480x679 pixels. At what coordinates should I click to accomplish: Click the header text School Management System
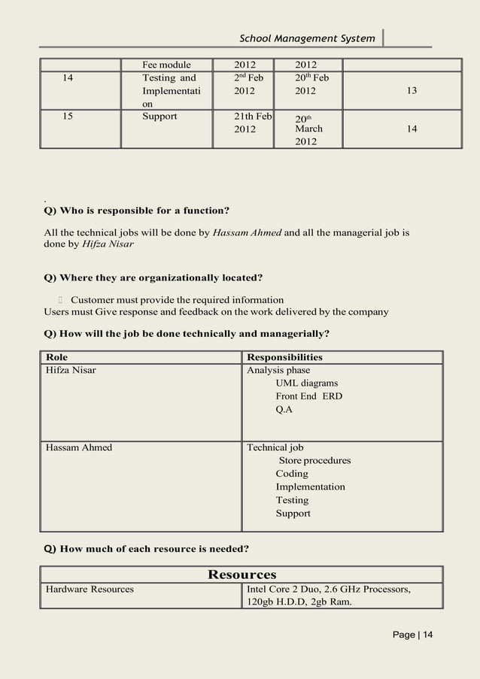point(306,38)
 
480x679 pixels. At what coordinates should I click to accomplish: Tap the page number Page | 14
point(413,635)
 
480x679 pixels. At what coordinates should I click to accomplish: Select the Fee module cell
point(166,65)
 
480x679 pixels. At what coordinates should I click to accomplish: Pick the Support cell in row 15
point(159,117)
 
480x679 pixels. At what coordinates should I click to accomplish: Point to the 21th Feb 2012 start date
point(253,123)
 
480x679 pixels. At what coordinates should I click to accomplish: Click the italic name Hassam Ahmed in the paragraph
point(247,232)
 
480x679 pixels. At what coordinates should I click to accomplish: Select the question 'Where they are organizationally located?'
point(153,278)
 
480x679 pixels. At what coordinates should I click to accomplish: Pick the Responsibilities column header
point(284,357)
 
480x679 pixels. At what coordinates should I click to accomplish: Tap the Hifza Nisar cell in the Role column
point(71,370)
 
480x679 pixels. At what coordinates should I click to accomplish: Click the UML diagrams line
point(306,383)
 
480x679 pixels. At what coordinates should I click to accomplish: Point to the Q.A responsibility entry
point(284,410)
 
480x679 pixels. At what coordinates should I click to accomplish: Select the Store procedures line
point(314,460)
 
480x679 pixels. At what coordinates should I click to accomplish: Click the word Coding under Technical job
point(292,474)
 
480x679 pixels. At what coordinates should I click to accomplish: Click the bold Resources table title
point(242,574)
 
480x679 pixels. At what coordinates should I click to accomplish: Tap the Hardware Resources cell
point(90,589)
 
